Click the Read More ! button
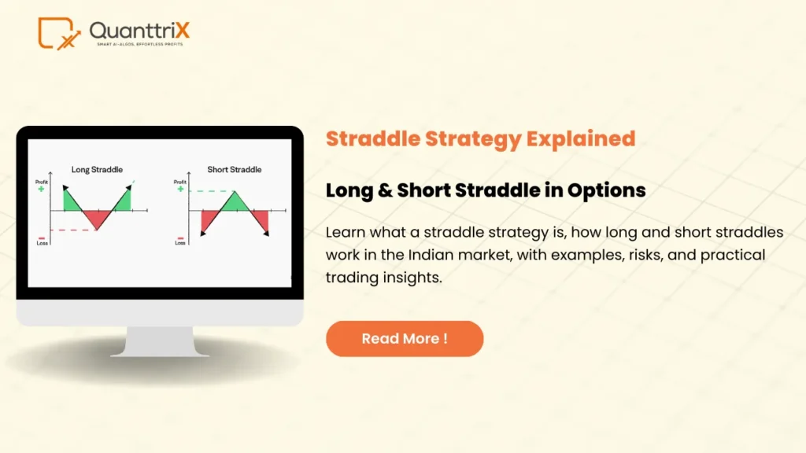pos(405,339)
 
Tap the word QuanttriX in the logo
pos(139,31)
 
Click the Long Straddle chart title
pos(97,169)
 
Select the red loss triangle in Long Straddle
pos(96,218)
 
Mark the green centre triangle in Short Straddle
pos(235,202)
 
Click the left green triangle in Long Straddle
pos(72,201)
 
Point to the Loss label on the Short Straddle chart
pos(180,244)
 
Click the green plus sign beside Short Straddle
pos(181,190)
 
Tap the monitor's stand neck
pos(160,340)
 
